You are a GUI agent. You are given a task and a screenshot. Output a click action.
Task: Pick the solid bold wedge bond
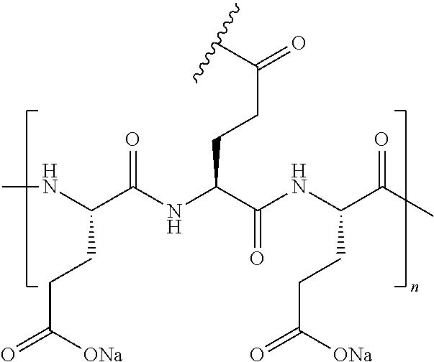[215, 164]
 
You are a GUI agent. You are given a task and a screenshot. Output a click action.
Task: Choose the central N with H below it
[173, 211]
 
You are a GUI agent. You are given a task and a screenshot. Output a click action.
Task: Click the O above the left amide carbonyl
[132, 139]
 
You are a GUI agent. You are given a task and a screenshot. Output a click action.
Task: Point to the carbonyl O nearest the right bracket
[382, 139]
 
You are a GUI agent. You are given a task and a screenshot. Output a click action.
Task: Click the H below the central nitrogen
[173, 228]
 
